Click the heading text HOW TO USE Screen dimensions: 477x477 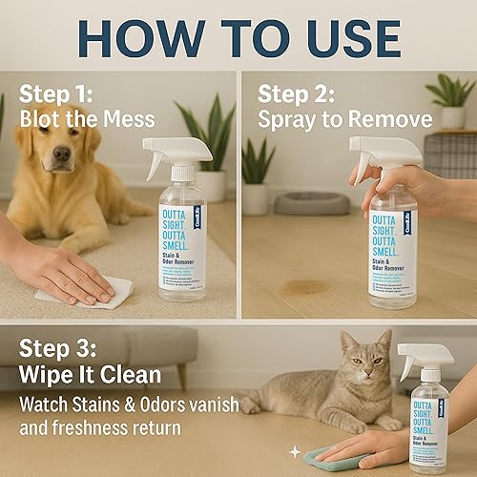tap(238, 38)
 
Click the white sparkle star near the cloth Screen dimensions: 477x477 tap(294, 448)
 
